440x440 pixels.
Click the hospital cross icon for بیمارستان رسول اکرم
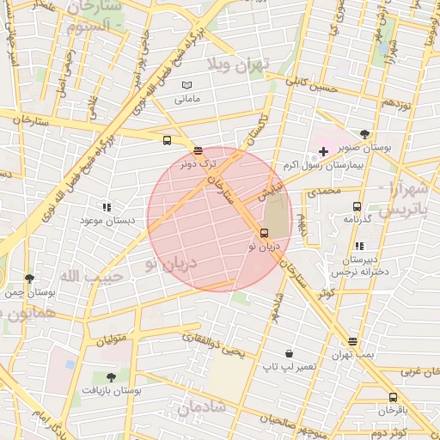323,150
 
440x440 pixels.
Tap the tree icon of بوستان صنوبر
365,133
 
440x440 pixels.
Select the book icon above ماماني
187,86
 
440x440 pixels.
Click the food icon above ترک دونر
198,150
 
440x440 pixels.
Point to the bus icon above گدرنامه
357,206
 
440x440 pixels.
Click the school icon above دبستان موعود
107,207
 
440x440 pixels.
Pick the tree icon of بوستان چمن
30,278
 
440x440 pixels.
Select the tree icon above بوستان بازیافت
110,376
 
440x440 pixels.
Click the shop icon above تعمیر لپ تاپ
290,353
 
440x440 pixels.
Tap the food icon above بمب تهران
352,342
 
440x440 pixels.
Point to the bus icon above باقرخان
393,397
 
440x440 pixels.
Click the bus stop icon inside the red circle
263,233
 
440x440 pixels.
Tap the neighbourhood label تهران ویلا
238,64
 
